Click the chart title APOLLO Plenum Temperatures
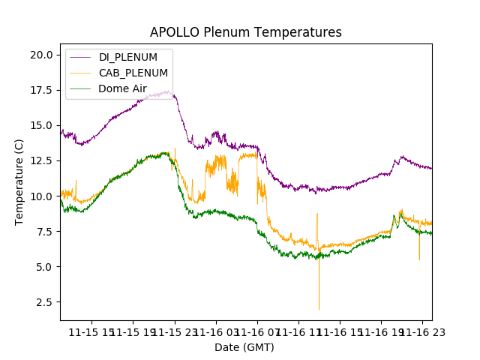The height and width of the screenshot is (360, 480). point(245,32)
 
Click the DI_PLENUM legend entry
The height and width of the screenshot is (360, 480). point(128,58)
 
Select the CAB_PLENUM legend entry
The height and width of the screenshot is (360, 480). point(133,73)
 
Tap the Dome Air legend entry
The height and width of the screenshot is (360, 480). point(122,88)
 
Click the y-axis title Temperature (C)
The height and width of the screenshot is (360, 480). point(19,182)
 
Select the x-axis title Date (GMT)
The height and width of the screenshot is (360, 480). point(244,347)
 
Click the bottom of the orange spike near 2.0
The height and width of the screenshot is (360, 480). point(319,308)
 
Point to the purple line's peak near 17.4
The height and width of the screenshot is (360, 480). point(166,91)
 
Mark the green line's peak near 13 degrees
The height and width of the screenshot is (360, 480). point(164,153)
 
